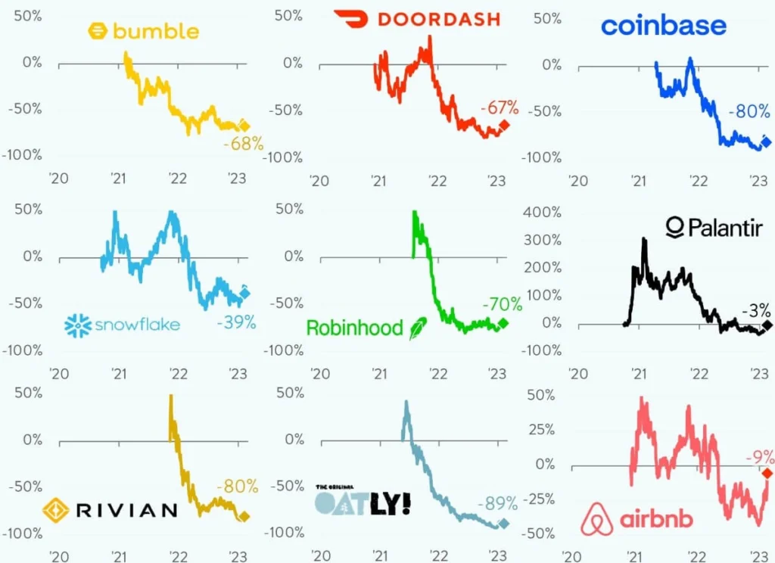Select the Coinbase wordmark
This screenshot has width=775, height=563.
tap(663, 26)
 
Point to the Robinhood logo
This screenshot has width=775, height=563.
tap(366, 328)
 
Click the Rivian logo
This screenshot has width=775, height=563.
tap(110, 509)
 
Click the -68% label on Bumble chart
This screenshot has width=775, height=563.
tap(243, 143)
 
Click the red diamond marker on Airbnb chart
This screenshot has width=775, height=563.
tap(767, 473)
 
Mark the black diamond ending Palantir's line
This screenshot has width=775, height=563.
tap(767, 325)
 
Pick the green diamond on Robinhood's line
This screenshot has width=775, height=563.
tap(504, 324)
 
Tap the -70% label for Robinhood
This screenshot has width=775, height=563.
tap(503, 305)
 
